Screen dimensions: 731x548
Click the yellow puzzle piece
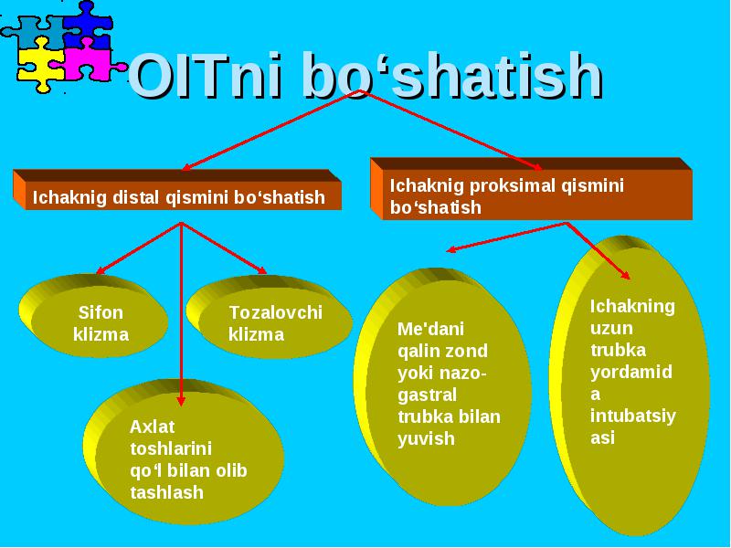pyautogui.click(x=39, y=66)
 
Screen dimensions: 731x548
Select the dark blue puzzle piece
pyautogui.click(x=88, y=26)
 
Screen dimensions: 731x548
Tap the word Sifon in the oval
pyautogui.click(x=101, y=312)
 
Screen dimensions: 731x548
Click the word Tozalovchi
pyautogui.click(x=276, y=312)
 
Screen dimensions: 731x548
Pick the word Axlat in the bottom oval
pyautogui.click(x=152, y=427)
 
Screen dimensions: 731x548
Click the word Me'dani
pyautogui.click(x=430, y=329)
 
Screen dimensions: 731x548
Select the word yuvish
pyautogui.click(x=426, y=439)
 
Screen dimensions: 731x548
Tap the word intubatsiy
pyautogui.click(x=632, y=416)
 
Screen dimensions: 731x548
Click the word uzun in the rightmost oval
pyautogui.click(x=611, y=329)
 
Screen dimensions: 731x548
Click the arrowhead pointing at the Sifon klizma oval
pyautogui.click(x=101, y=270)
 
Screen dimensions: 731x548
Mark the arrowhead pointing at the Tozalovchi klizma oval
pyautogui.click(x=261, y=269)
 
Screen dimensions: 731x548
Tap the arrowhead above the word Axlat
pyautogui.click(x=181, y=400)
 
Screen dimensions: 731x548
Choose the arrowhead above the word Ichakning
pyautogui.click(x=625, y=275)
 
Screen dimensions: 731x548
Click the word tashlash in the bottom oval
pyautogui.click(x=166, y=492)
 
